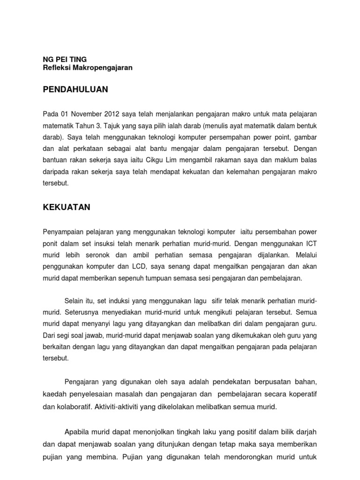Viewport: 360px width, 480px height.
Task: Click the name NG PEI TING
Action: point(65,59)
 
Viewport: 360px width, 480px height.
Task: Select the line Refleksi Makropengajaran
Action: point(88,67)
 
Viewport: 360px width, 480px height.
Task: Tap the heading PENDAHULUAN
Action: point(75,89)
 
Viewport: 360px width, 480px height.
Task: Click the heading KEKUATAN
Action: point(67,208)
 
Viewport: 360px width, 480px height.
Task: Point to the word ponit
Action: point(52,244)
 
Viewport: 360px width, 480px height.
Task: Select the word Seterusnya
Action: point(86,312)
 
